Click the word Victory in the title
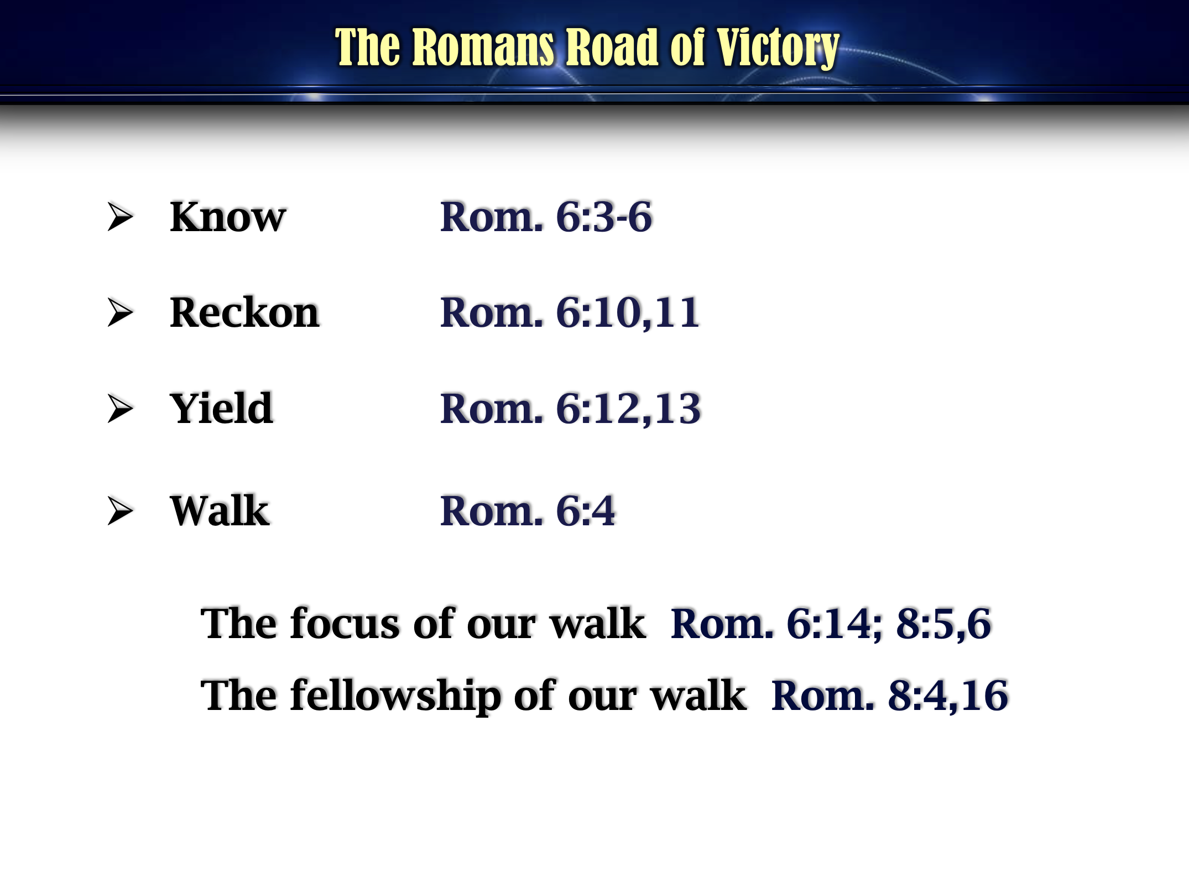[778, 48]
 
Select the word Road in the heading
[612, 48]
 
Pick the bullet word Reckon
[244, 312]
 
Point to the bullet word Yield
[221, 408]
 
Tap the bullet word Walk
[220, 510]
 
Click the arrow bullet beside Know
[121, 217]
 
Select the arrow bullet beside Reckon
[121, 312]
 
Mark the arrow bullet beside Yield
[121, 409]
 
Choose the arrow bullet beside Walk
[121, 510]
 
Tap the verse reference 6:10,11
[628, 313]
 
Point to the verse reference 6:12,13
[628, 409]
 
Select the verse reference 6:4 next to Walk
[585, 510]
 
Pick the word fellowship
[395, 696]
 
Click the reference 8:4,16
[948, 696]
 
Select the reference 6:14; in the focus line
[835, 624]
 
